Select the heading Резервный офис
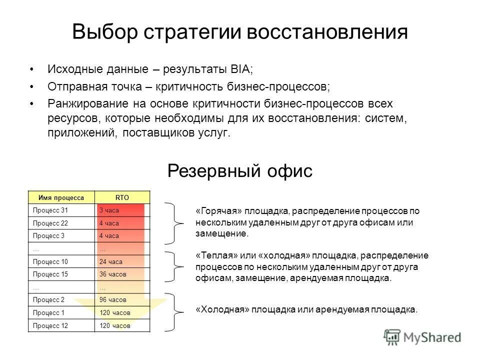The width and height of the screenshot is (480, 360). click(239, 171)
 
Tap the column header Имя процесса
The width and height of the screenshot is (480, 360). click(62, 197)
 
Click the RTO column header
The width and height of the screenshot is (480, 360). click(122, 197)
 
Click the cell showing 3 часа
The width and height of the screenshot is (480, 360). click(109, 210)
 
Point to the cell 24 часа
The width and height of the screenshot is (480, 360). click(111, 261)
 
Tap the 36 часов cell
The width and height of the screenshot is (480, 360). click(113, 274)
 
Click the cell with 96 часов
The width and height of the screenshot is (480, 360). click(113, 300)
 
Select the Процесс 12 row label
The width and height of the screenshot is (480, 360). click(49, 325)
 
